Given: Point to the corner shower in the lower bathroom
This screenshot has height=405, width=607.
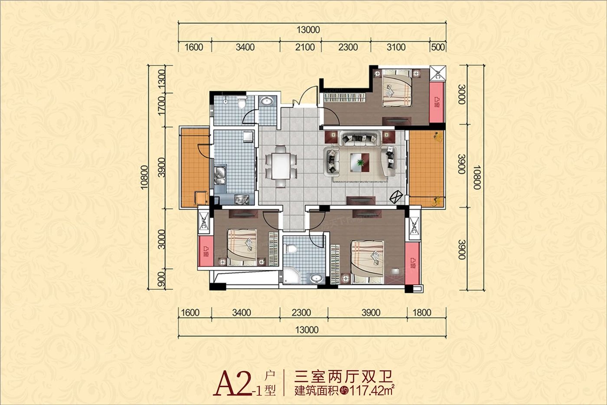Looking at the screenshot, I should pos(290,277).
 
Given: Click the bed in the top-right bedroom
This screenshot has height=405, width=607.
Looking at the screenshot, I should pos(396,90).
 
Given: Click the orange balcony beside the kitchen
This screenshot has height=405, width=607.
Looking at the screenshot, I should pos(194,167).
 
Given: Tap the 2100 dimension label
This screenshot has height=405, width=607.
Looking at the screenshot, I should pos(305,47).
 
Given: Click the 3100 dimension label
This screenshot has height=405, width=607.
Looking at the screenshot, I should pos(396,47).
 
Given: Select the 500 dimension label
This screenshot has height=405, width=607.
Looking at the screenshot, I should pos(438,47).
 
